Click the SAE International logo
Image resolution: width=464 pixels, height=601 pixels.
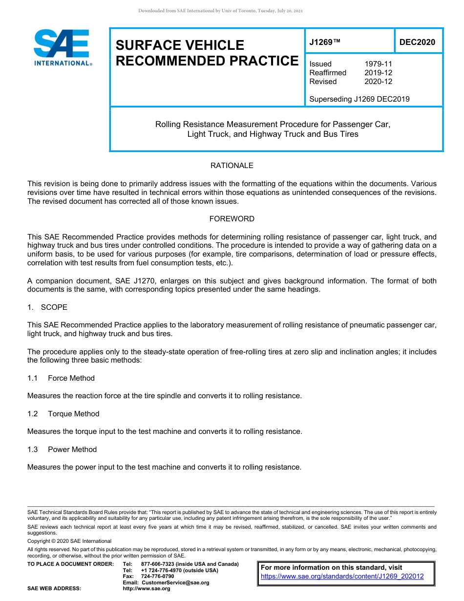tap(62, 47)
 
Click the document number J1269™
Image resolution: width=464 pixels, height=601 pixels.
tap(324, 43)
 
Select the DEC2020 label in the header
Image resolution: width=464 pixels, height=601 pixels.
tap(417, 43)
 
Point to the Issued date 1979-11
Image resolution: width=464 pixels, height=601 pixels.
tap(378, 64)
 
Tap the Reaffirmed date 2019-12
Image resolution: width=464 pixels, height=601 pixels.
tap(378, 73)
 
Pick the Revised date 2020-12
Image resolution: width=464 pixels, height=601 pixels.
tap(378, 82)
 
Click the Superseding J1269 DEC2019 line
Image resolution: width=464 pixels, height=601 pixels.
tap(359, 99)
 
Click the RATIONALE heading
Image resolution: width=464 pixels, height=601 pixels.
tap(232, 166)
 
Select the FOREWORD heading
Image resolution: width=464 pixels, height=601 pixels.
tap(232, 219)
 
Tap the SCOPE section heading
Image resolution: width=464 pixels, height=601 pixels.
tap(54, 307)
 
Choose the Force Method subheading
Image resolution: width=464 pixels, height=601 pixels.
tap(71, 378)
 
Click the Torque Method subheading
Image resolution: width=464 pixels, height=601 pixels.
tap(73, 414)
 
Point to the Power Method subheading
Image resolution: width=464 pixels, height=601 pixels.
tap(72, 450)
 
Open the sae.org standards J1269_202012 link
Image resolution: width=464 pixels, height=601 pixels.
tap(342, 577)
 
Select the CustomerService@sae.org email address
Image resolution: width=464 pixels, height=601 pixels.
tap(175, 582)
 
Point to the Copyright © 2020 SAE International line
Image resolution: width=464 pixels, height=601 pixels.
tap(69, 541)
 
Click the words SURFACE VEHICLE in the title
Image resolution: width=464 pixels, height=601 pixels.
tap(180, 45)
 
